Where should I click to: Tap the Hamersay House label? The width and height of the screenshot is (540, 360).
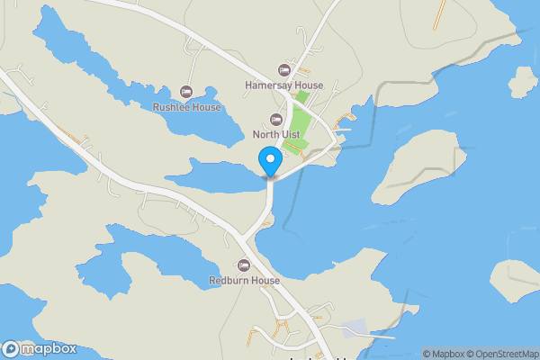click(283, 85)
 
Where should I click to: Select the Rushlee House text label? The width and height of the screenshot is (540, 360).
click(187, 107)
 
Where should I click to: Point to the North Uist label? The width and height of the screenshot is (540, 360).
click(277, 136)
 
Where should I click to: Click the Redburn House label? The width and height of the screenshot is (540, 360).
click(244, 281)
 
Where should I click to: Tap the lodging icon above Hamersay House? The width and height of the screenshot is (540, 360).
click(284, 70)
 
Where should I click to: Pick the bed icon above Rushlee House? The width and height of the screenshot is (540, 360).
click(186, 92)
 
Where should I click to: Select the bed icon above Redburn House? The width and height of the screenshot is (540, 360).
click(243, 265)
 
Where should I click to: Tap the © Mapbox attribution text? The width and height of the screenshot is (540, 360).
click(445, 354)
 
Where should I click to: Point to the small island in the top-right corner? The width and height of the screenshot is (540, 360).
click(523, 83)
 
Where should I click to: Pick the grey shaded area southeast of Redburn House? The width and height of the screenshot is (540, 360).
click(357, 329)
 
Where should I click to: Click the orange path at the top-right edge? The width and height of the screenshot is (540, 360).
click(440, 12)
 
